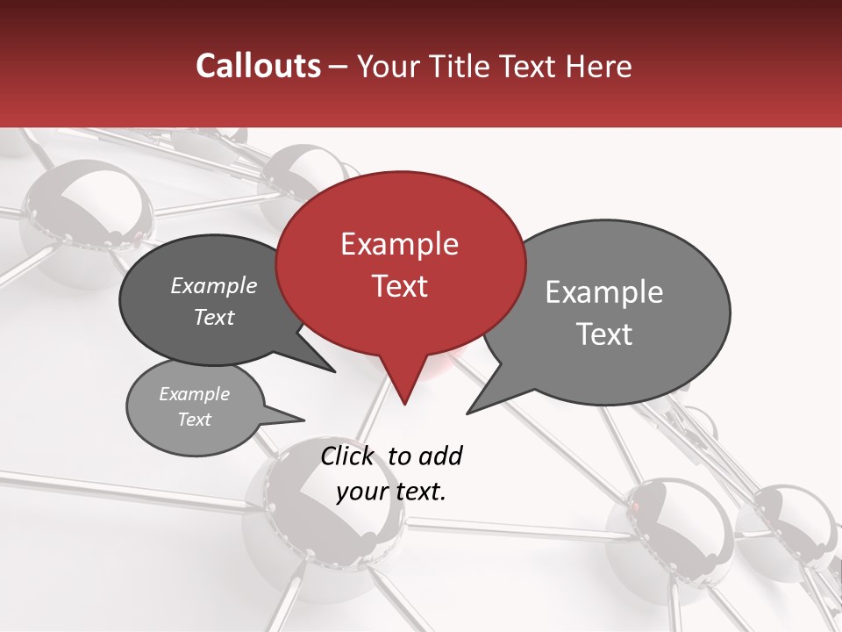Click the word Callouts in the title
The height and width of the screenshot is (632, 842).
click(x=258, y=66)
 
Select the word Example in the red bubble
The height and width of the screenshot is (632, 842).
click(x=399, y=244)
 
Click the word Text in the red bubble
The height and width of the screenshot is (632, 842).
click(x=399, y=286)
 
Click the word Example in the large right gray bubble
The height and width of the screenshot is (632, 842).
click(x=604, y=292)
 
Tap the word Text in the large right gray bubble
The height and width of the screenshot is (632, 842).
click(x=604, y=334)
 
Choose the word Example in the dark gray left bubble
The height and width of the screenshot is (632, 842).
click(x=214, y=285)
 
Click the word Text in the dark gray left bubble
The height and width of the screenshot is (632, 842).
click(x=214, y=317)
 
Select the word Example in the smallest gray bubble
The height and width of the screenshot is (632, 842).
click(x=194, y=394)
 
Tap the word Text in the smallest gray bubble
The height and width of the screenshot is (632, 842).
click(x=194, y=420)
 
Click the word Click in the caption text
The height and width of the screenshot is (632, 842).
click(x=347, y=456)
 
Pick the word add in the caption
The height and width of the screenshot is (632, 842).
click(x=441, y=456)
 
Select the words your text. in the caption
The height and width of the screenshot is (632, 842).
click(x=391, y=492)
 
